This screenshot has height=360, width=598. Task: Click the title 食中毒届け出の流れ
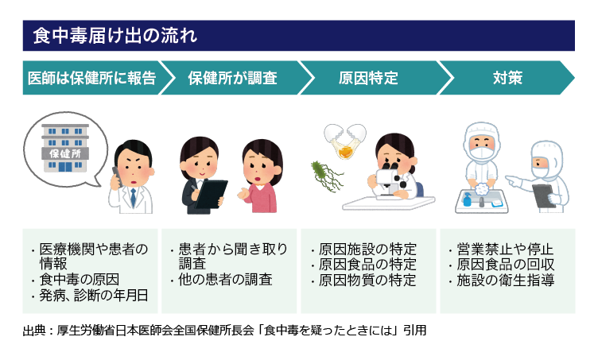click(x=115, y=36)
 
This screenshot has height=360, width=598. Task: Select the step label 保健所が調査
click(x=232, y=78)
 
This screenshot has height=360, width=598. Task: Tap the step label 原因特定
click(x=368, y=78)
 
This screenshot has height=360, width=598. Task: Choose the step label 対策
click(x=507, y=78)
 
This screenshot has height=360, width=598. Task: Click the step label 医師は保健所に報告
click(x=92, y=78)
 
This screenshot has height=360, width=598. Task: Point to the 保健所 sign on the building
click(x=65, y=153)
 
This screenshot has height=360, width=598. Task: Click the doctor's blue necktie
click(x=133, y=197)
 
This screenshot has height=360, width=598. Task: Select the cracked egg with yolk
click(x=345, y=141)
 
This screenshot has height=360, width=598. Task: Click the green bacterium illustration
click(x=325, y=176)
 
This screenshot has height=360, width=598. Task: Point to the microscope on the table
click(x=390, y=182)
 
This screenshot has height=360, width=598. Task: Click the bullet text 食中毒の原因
click(x=80, y=280)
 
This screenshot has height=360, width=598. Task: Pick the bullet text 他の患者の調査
click(x=225, y=280)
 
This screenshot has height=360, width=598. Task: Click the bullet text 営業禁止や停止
click(x=505, y=250)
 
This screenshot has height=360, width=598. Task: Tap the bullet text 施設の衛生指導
click(x=505, y=281)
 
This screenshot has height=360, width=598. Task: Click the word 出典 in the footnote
click(x=34, y=331)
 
